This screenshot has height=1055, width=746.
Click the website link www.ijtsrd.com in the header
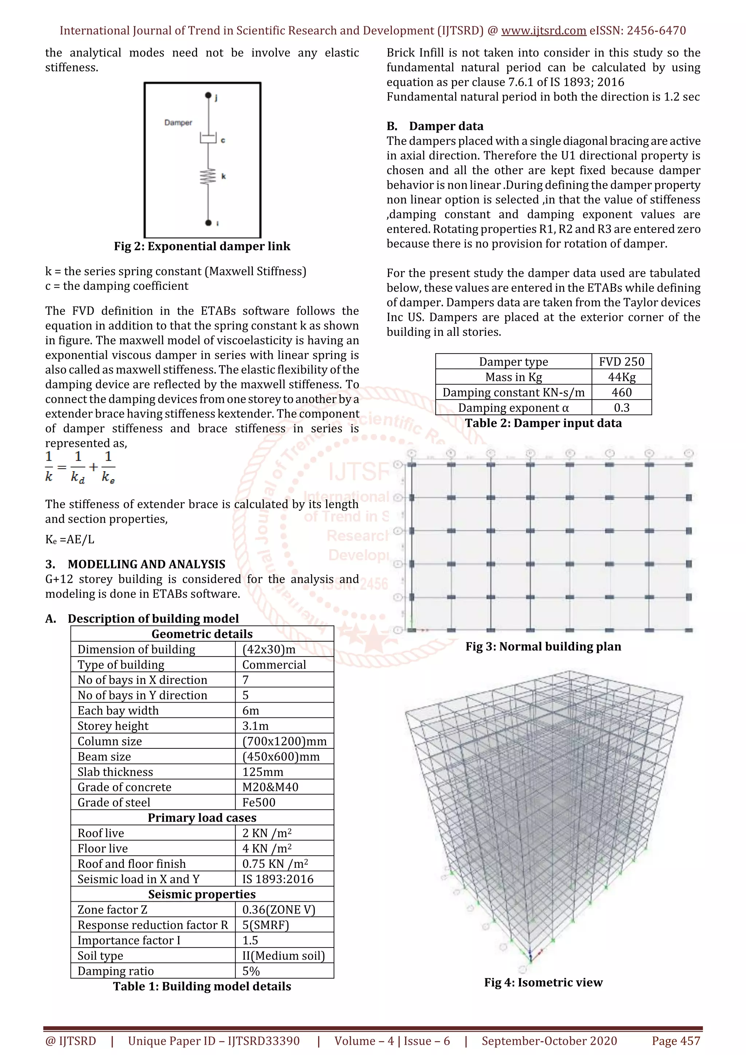coord(543,31)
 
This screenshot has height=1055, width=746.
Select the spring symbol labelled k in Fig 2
coord(208,176)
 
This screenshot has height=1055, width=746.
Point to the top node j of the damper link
coord(208,95)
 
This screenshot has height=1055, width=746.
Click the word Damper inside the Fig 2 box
coord(178,123)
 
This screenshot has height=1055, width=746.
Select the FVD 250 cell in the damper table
coord(621,362)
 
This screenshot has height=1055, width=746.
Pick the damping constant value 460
coord(621,393)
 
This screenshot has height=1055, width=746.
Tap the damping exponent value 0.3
coord(621,408)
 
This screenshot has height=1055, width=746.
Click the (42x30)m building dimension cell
coord(269,649)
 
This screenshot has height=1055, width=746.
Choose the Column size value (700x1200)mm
coord(284,741)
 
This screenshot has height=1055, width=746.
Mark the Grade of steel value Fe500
coord(259,802)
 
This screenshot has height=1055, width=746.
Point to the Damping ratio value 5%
coord(251,971)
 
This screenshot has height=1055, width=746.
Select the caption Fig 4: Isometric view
coord(543,983)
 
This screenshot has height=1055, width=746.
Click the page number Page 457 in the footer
coord(676,1041)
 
